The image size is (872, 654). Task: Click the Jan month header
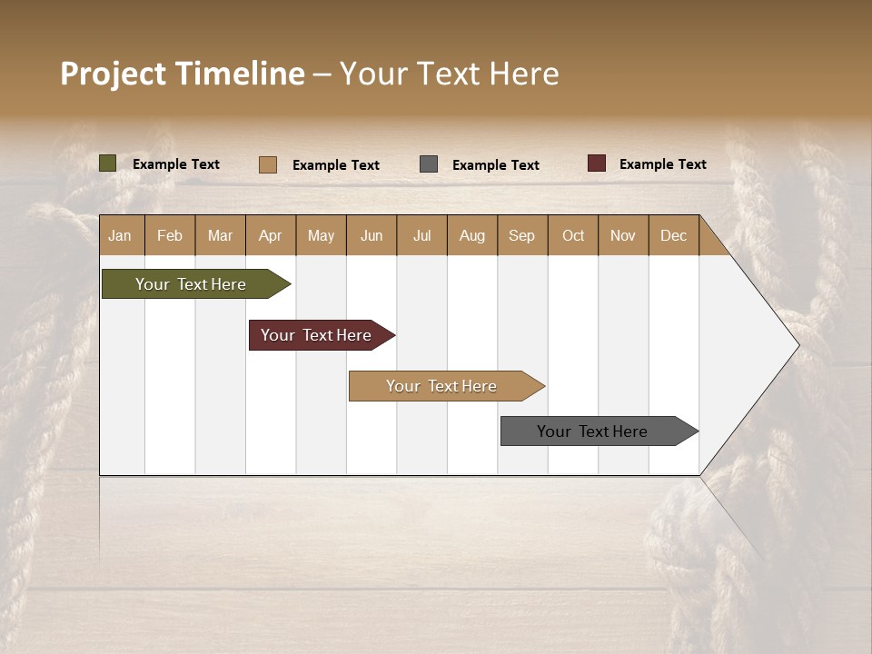[121, 235]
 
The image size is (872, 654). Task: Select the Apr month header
[271, 235]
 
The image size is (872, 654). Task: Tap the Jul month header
[421, 235]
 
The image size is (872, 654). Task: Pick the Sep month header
[521, 235]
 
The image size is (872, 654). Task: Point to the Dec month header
[673, 235]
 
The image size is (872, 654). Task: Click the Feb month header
[170, 235]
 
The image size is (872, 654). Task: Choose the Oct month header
[573, 235]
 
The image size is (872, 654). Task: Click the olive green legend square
[107, 163]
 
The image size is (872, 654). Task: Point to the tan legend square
[267, 164]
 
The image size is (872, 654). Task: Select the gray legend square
[429, 163]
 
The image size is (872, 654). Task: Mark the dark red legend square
[596, 163]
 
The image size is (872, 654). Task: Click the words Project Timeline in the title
[183, 74]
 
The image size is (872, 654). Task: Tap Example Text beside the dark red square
[662, 164]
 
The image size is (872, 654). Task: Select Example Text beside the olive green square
[176, 164]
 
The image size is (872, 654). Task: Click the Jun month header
[372, 235]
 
